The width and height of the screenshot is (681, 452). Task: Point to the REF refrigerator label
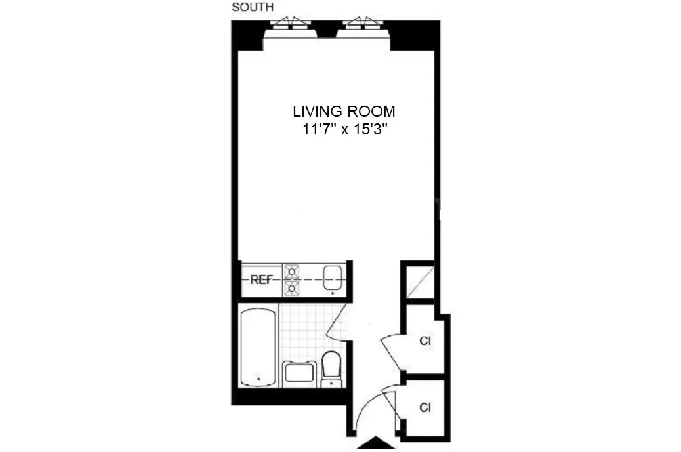click(261, 279)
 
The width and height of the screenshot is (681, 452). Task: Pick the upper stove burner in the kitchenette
click(291, 270)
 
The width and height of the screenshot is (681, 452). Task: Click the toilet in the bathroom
click(331, 368)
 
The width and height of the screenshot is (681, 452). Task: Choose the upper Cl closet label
click(424, 341)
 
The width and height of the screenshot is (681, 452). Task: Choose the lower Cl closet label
click(424, 407)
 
